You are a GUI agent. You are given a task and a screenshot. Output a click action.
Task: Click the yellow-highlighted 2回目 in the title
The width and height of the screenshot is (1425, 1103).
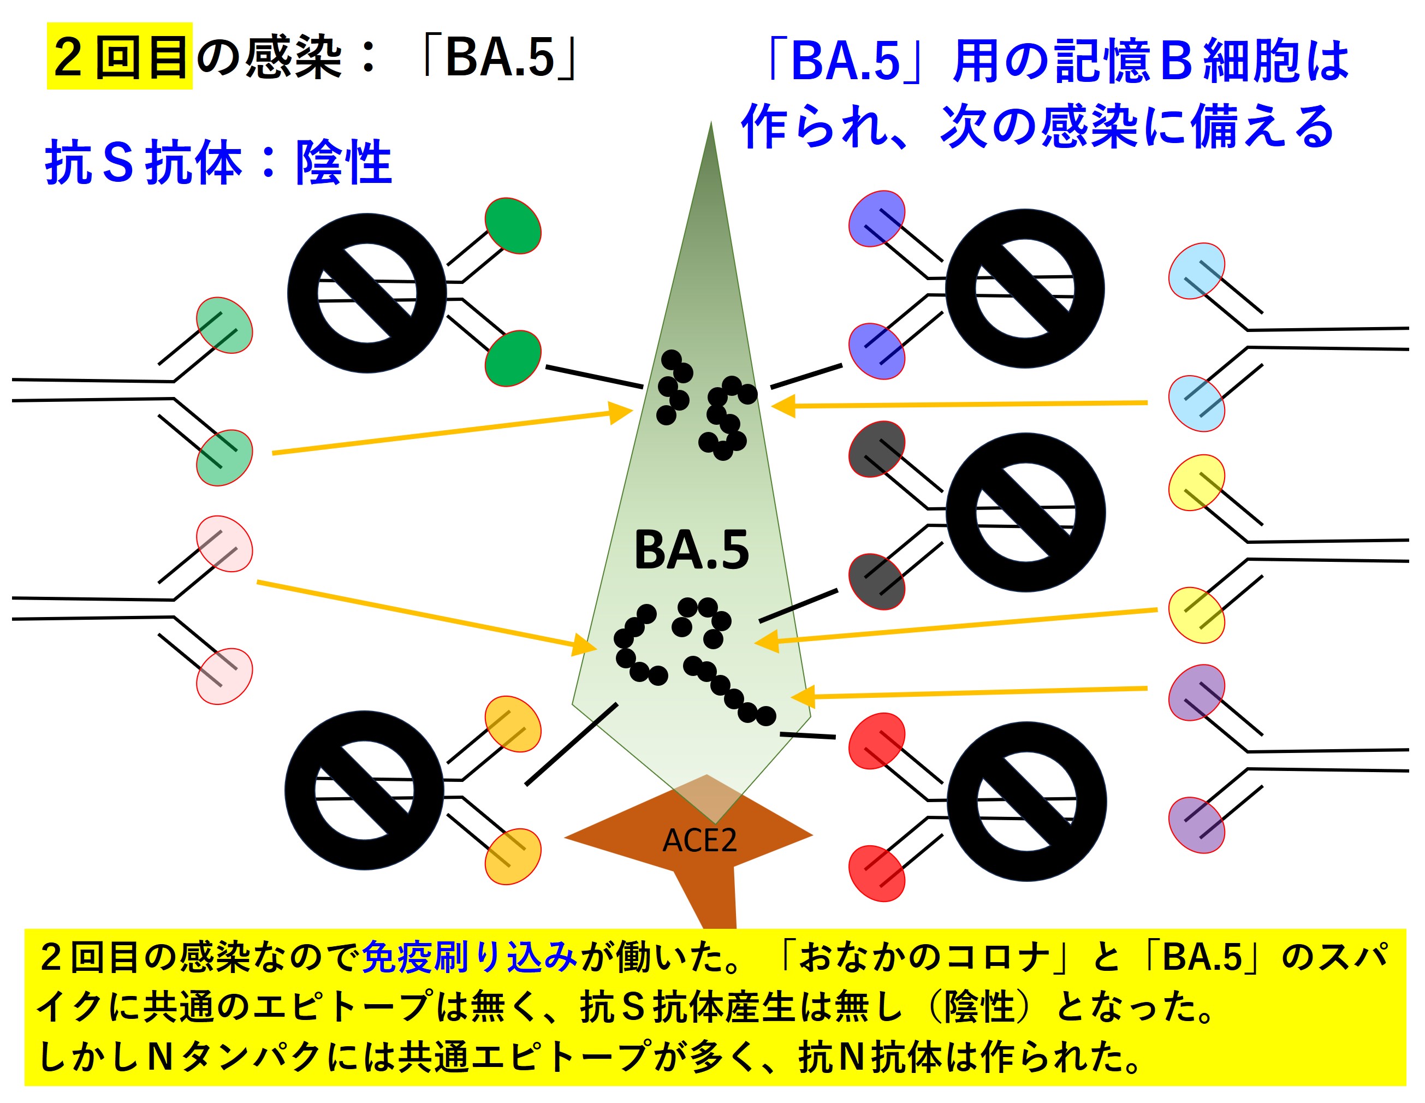pos(120,56)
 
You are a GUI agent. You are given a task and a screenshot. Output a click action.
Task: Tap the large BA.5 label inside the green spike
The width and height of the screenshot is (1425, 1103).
pos(691,550)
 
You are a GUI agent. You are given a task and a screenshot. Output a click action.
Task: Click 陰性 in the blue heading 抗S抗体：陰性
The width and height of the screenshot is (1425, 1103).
pos(343,163)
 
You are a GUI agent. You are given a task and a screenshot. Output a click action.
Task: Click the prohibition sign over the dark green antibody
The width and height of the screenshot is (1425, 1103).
pos(367,293)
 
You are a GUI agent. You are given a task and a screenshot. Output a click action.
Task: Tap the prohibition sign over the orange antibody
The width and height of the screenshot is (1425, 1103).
pos(364,790)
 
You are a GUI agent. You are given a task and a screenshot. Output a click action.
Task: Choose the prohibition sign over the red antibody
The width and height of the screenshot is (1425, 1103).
pos(1026,802)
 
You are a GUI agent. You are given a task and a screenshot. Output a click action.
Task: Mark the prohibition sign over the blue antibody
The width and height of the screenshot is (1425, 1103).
pos(1024,288)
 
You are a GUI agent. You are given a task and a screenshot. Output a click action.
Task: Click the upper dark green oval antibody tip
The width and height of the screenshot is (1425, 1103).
pos(513,226)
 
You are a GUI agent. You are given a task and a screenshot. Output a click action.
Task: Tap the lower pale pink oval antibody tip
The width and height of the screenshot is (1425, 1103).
pos(224,676)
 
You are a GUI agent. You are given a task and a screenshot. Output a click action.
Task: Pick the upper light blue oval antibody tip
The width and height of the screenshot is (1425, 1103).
pos(1196,271)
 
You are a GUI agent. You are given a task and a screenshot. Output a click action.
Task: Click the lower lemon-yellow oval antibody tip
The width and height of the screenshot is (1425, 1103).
pos(1196,615)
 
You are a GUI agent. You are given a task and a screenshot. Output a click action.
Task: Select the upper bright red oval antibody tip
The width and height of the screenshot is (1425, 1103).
pos(876,741)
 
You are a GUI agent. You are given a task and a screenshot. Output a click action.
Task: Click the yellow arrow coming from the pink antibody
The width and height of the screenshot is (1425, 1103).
pos(424,614)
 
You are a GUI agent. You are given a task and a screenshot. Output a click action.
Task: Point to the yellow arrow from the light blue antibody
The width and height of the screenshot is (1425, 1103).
pos(959,405)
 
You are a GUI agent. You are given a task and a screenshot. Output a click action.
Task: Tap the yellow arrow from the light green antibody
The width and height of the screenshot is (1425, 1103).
pos(450,431)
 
